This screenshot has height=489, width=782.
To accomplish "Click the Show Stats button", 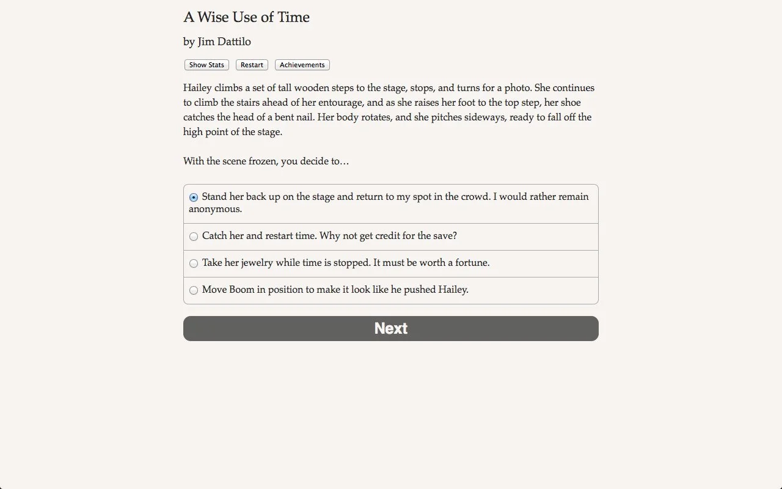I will click(x=206, y=65).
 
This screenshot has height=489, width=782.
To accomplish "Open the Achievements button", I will click(x=302, y=65).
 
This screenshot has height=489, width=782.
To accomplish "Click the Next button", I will click(x=391, y=328).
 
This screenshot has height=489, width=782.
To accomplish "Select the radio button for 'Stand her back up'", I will click(x=194, y=197).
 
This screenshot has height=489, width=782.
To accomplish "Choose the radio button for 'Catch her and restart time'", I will click(x=194, y=237).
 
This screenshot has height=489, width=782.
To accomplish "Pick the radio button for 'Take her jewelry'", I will click(x=194, y=263).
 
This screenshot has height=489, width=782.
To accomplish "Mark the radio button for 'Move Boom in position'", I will click(x=194, y=290).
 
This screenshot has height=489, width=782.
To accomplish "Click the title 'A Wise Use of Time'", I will click(x=246, y=17).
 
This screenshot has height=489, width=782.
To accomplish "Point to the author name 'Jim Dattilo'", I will click(x=224, y=42).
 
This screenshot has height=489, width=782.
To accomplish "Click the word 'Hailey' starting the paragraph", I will click(x=197, y=88).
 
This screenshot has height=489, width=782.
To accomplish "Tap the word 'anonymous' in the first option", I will click(x=215, y=209).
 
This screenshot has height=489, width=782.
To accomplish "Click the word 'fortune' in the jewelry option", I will click(x=470, y=263).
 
